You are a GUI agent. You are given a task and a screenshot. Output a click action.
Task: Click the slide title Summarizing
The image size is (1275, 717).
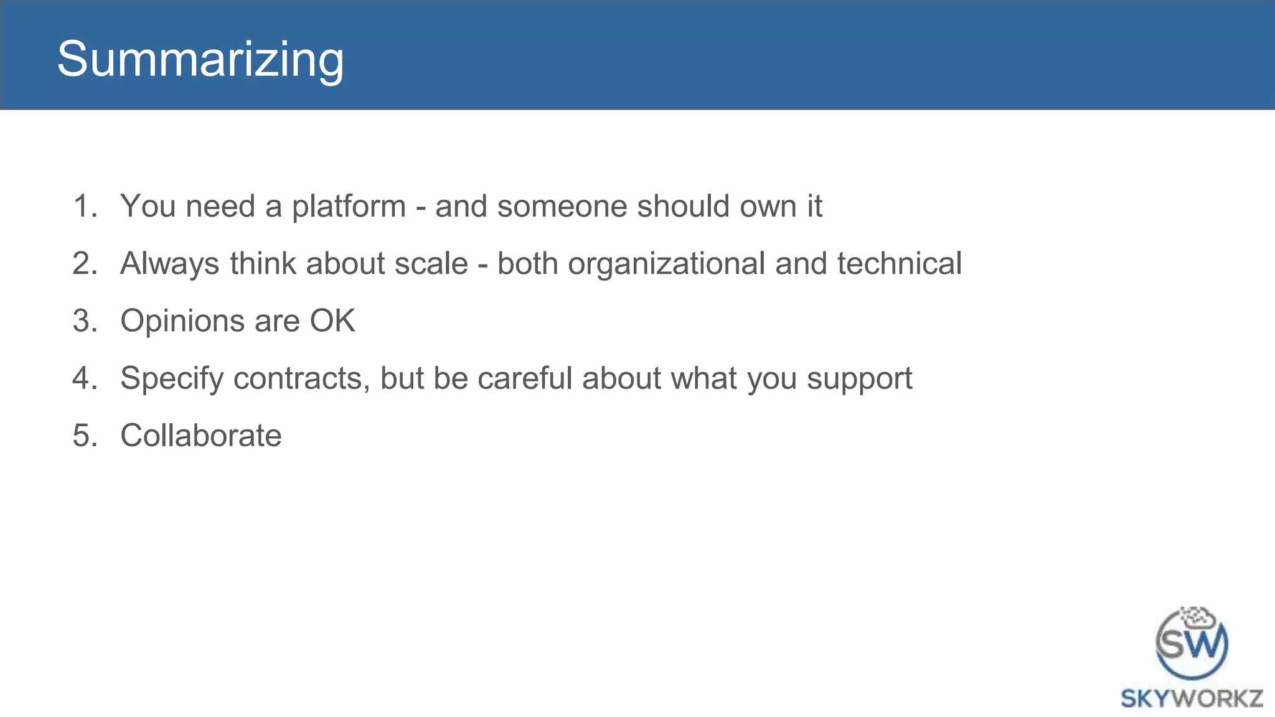200,59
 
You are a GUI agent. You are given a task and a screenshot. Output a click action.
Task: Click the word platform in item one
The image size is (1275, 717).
349,207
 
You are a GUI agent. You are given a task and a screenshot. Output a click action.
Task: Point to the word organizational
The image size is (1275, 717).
666,264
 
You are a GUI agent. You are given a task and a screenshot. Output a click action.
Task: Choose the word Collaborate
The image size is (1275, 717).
200,435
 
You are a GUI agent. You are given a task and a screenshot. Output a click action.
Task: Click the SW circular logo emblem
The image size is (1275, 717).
1191,645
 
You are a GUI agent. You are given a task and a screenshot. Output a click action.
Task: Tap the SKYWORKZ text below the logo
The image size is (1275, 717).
1192,698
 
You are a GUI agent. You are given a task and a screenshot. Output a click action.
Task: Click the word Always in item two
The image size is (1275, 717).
169,264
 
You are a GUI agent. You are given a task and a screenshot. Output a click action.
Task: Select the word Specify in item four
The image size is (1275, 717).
171,379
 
